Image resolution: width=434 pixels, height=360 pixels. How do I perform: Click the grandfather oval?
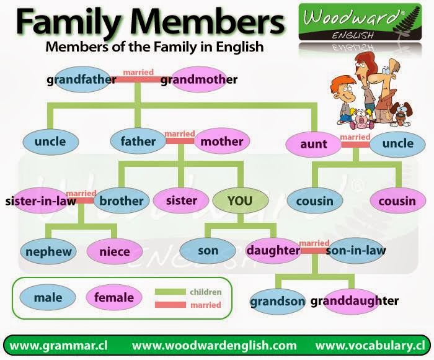pyautogui.click(x=82, y=79)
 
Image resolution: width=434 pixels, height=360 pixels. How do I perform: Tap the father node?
pyautogui.click(x=138, y=141)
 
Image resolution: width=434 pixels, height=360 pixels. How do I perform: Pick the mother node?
pyautogui.click(x=222, y=141)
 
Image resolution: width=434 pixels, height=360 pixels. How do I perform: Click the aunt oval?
pyautogui.click(x=313, y=144)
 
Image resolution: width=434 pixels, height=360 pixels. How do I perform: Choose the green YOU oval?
pyautogui.click(x=240, y=200)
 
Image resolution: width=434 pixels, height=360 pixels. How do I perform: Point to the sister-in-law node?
pyautogui.click(x=41, y=200)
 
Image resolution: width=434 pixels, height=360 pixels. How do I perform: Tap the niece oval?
pyautogui.click(x=115, y=251)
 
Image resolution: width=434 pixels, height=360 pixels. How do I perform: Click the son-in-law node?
pyautogui.click(x=355, y=251)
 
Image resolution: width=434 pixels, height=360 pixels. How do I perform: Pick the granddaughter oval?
pyautogui.click(x=354, y=301)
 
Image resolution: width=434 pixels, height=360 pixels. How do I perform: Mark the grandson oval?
pyautogui.click(x=277, y=302)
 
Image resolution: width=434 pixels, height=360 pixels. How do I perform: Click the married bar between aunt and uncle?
pyautogui.click(x=355, y=144)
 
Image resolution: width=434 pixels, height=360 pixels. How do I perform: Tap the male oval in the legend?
pyautogui.click(x=48, y=298)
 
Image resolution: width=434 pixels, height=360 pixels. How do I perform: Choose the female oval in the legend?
pyautogui.click(x=113, y=298)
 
